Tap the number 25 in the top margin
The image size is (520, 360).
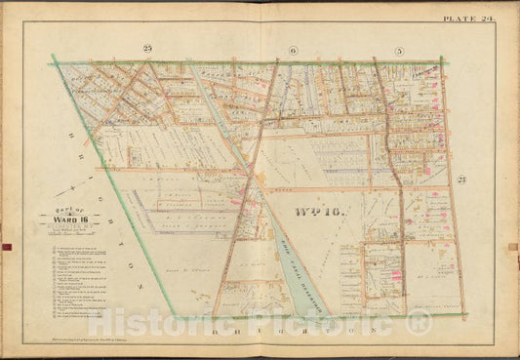[x=148, y=48]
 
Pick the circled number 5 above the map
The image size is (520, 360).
[x=398, y=49]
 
